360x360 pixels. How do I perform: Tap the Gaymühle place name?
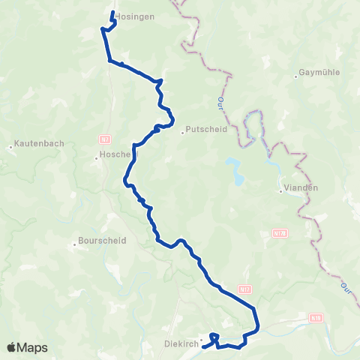[x=315, y=73]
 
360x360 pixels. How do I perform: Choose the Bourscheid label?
[x=102, y=241]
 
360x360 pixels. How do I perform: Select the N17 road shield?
[x=244, y=288]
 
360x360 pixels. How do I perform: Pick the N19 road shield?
[x=316, y=318]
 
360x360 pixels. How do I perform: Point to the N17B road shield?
[x=280, y=233]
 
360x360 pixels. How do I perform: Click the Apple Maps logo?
[x=27, y=347]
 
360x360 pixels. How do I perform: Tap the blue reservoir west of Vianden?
[x=235, y=171]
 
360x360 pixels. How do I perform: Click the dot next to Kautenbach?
[x=10, y=147]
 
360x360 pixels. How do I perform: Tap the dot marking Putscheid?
[x=182, y=135]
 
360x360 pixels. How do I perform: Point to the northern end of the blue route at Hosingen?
[x=112, y=13]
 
